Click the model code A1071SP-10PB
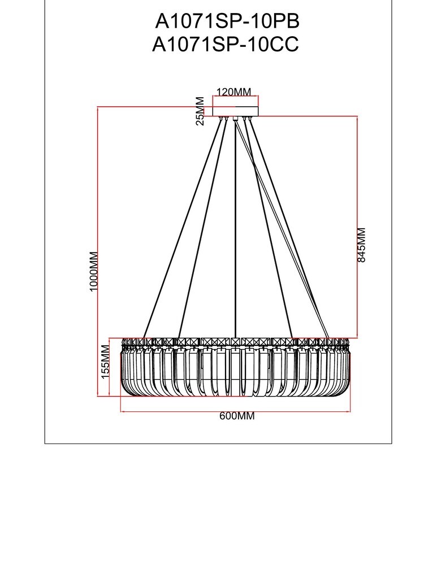click(227, 21)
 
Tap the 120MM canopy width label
click(234, 92)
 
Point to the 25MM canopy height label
click(200, 110)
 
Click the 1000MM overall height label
click(94, 271)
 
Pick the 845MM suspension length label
click(362, 244)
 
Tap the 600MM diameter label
click(237, 416)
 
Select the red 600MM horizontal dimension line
click(170, 412)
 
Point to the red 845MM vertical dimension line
click(357, 169)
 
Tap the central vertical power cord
click(236, 226)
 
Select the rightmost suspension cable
click(288, 226)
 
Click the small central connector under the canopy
click(236, 119)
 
